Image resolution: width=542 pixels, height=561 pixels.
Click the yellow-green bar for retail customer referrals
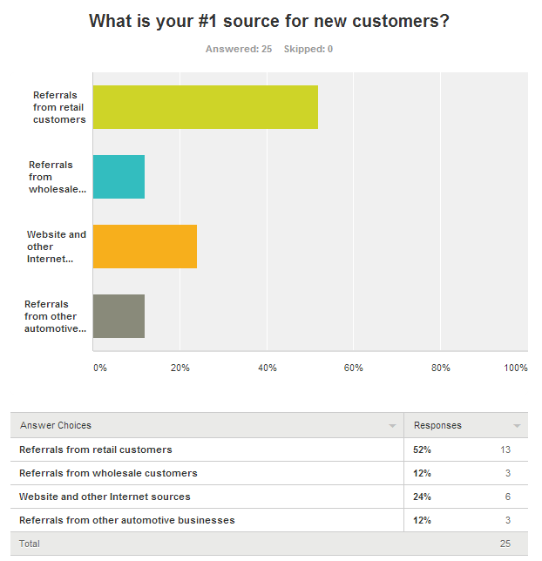pyautogui.click(x=205, y=107)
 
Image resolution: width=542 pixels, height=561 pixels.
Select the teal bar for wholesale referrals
pyautogui.click(x=119, y=177)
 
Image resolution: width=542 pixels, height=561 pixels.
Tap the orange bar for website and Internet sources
pyautogui.click(x=145, y=247)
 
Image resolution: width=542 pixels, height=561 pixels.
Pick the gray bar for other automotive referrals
pyautogui.click(x=119, y=316)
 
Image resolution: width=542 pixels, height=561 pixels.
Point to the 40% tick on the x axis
pyautogui.click(x=267, y=368)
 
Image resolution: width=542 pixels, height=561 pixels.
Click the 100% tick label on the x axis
pyautogui.click(x=517, y=368)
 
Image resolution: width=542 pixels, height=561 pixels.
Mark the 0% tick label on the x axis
pyautogui.click(x=100, y=368)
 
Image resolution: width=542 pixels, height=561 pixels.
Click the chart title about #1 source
pyautogui.click(x=269, y=21)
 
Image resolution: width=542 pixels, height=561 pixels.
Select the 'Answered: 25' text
pyautogui.click(x=239, y=49)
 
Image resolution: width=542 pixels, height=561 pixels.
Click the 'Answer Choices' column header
pyautogui.click(x=56, y=425)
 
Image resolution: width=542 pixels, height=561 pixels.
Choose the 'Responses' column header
pyautogui.click(x=437, y=425)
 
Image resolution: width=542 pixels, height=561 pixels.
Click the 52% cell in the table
pyautogui.click(x=423, y=449)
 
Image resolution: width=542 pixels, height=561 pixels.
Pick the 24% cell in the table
pyautogui.click(x=423, y=497)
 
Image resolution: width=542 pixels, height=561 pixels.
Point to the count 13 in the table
pyautogui.click(x=505, y=449)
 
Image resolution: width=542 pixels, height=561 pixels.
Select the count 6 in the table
pyautogui.click(x=507, y=497)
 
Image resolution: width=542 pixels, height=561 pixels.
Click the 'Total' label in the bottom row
pyautogui.click(x=30, y=544)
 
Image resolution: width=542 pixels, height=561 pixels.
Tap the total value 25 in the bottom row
pyautogui.click(x=505, y=544)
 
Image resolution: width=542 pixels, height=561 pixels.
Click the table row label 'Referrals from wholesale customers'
pyautogui.click(x=108, y=473)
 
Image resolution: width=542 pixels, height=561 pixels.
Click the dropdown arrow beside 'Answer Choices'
pyautogui.click(x=391, y=426)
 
